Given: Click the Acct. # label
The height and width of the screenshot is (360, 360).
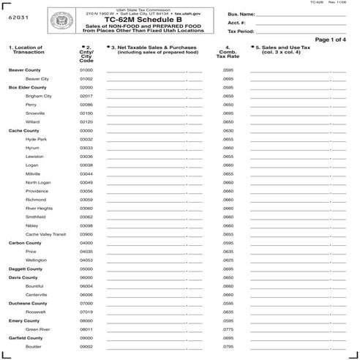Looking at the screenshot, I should pyautogui.click(x=238, y=23).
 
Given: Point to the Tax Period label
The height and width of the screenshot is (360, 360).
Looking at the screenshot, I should pyautogui.click(x=241, y=31).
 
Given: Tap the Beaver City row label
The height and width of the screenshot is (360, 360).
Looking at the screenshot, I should pyautogui.click(x=37, y=78).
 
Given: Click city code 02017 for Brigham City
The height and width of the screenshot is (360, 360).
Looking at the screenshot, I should pyautogui.click(x=86, y=96).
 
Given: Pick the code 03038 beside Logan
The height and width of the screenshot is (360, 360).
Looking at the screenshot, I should pyautogui.click(x=86, y=165).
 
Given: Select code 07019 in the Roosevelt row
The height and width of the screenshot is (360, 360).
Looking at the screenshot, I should pyautogui.click(x=86, y=312).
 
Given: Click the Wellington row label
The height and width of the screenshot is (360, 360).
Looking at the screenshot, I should pyautogui.click(x=36, y=260).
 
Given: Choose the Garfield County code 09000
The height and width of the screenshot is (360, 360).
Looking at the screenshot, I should pyautogui.click(x=86, y=338).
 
